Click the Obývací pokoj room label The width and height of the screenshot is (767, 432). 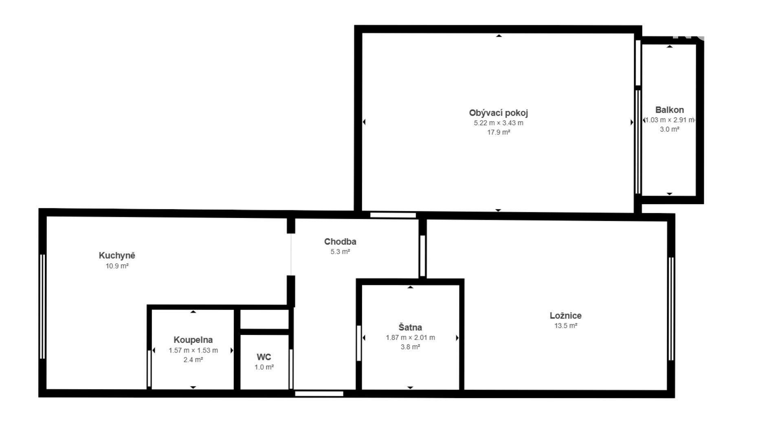498,113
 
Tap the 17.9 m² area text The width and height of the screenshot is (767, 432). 499,132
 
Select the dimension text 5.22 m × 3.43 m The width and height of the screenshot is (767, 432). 499,123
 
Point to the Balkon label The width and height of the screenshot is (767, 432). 669,110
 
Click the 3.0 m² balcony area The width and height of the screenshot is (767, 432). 669,129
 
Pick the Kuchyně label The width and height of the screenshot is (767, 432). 117,256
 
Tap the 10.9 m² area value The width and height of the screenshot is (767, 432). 117,266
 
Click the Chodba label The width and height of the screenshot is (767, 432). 340,241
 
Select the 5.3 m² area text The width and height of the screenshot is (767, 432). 340,251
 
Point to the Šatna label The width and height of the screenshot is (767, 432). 410,327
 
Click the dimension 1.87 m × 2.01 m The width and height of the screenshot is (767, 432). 410,337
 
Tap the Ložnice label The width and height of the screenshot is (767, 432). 565,315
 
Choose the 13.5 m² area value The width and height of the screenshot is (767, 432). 565,326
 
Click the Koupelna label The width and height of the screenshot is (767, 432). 193,340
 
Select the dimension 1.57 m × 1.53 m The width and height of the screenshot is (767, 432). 193,350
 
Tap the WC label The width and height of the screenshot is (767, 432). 264,357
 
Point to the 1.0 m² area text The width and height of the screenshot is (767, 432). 264,367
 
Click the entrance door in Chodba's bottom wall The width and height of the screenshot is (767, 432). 319,394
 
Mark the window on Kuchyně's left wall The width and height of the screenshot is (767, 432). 42,306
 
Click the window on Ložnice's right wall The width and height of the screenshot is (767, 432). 671,309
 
